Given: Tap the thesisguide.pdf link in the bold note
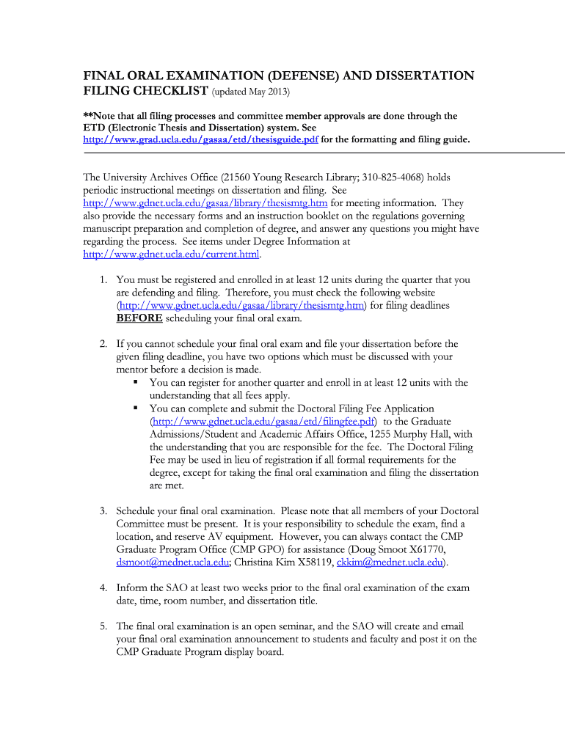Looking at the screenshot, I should point(200,139).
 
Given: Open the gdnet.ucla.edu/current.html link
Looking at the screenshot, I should point(172,254).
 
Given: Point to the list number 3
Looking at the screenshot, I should point(104,511).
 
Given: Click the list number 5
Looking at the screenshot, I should point(104,626).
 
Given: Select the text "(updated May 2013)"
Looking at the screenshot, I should point(251,92).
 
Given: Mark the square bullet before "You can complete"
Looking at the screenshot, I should point(136,409).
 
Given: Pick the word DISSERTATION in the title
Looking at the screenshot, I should point(415,76).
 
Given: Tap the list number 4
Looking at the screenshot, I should point(104,588).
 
